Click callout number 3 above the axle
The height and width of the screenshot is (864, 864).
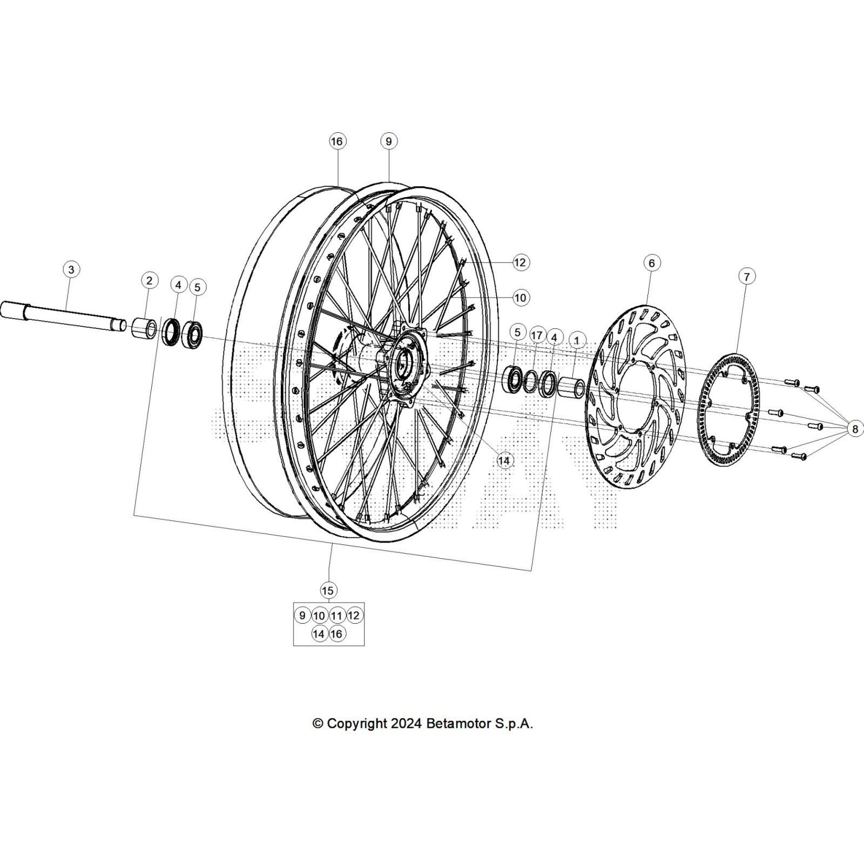pos(71,269)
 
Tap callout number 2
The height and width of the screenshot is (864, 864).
pos(150,280)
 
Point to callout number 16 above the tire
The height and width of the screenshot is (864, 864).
pos(336,141)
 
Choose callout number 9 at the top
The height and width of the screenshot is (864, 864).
pos(388,141)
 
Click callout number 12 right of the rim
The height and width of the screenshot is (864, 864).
pos(519,262)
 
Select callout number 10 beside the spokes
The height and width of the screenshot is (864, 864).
pos(519,298)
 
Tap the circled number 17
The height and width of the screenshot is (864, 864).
pos(536,335)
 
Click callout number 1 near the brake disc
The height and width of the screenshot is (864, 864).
pos(577,341)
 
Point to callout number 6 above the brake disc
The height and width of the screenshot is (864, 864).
pos(652,263)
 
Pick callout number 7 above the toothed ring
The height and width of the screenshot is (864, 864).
pos(746,277)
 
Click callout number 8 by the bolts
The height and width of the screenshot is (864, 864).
pos(855,429)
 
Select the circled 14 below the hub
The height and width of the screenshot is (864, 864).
pos(504,461)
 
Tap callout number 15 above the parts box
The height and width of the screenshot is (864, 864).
pos(328,591)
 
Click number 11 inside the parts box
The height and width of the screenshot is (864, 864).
pos(337,616)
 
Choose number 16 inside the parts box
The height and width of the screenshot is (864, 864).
pos(336,634)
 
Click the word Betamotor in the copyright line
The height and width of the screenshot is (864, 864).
pos(459,724)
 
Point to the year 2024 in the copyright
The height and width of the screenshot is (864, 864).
pos(406,724)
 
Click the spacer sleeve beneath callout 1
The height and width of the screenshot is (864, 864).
pos(571,388)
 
